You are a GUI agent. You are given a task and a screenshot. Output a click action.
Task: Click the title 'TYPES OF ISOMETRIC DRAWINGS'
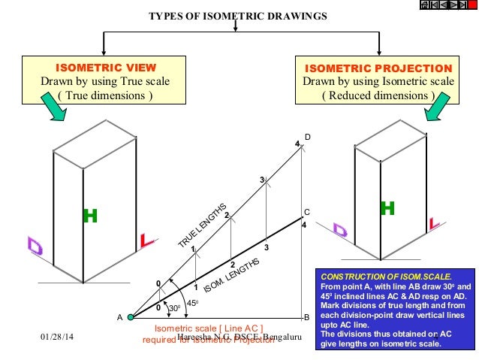[236, 17]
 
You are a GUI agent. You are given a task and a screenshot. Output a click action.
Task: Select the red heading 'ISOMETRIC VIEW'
[105, 67]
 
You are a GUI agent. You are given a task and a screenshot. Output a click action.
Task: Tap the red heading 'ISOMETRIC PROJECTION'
[377, 67]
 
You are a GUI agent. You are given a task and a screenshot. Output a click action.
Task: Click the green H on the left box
[90, 216]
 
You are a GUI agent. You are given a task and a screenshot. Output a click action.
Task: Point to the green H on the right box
[387, 208]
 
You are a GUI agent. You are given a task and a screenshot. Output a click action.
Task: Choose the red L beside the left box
[147, 242]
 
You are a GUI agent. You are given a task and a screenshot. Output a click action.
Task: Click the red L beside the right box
[435, 223]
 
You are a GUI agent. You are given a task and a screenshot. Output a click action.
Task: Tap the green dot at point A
[130, 317]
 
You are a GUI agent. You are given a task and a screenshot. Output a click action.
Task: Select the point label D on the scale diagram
[307, 137]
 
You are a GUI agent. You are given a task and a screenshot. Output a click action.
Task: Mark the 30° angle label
[173, 308]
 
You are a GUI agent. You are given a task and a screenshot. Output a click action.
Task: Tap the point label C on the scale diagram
[306, 212]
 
